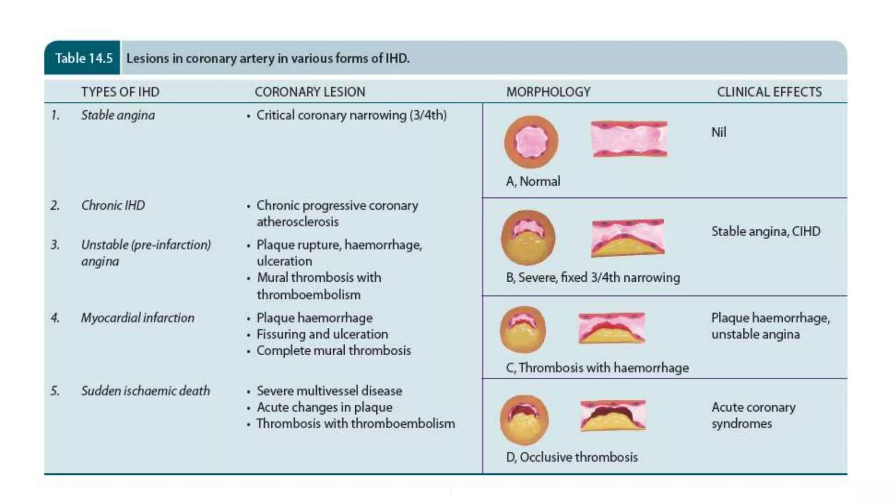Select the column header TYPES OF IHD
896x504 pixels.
[120, 92]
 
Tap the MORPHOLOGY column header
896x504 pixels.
[548, 92]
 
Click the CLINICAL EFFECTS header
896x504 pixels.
[769, 92]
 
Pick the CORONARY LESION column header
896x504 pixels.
[310, 92]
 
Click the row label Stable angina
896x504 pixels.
[118, 115]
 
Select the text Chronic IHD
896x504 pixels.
[113, 205]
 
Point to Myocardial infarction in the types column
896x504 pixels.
[137, 318]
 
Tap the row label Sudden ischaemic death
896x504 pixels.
[145, 391]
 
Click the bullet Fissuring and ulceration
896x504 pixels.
[322, 334]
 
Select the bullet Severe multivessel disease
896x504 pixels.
[329, 391]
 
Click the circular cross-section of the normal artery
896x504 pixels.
[531, 142]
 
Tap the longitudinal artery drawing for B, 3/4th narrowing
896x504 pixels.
[628, 238]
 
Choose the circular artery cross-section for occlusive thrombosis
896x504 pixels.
[524, 420]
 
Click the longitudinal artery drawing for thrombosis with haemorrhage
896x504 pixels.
[612, 328]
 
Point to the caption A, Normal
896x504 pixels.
[533, 182]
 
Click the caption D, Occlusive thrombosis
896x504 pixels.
[571, 457]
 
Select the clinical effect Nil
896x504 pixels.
[718, 132]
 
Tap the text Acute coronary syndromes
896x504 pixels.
[753, 415]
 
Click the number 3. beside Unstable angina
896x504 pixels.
[55, 245]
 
